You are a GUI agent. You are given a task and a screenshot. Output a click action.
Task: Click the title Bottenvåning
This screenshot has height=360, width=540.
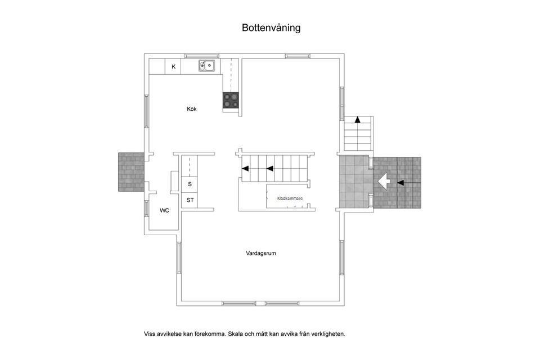271,28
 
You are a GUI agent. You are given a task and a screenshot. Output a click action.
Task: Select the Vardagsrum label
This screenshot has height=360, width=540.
260,253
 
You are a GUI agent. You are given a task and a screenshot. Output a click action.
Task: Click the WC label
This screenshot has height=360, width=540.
164,210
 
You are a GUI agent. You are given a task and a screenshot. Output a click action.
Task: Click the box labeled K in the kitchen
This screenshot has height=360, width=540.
173,67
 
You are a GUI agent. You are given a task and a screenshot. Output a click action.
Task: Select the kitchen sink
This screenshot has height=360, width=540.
206,66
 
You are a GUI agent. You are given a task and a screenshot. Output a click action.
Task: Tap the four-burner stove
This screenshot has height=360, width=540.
231,100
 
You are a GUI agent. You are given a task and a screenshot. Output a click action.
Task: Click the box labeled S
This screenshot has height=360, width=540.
190,184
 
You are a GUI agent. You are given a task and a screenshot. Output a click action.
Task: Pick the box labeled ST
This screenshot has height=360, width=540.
190,200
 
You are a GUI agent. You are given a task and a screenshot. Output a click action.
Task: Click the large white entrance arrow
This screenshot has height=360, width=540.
384,182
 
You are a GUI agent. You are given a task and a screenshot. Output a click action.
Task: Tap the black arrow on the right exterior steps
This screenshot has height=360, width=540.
400,182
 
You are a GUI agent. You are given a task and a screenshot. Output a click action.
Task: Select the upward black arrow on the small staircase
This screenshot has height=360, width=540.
357,119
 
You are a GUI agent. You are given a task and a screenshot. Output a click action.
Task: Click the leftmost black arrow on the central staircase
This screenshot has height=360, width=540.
245,168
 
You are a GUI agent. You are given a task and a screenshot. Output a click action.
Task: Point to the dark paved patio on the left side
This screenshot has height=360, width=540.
130,172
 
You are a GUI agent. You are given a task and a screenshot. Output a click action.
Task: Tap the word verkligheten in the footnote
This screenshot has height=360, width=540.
327,334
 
